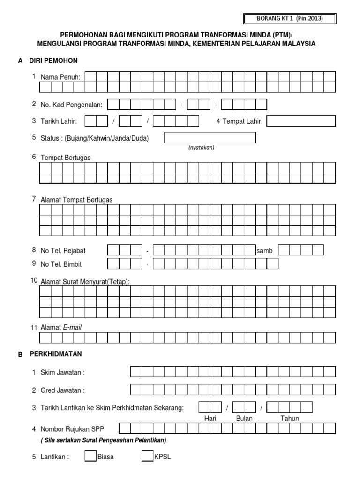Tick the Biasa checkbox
(x=90, y=456)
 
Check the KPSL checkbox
(x=147, y=456)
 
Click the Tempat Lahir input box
(x=301, y=121)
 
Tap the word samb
(x=264, y=251)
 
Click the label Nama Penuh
(x=60, y=77)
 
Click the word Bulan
(x=244, y=419)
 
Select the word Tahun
(x=289, y=419)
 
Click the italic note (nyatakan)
(x=201, y=147)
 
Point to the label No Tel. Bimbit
(x=61, y=264)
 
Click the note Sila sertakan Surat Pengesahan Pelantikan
(x=104, y=440)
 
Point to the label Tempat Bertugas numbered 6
(x=66, y=158)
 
